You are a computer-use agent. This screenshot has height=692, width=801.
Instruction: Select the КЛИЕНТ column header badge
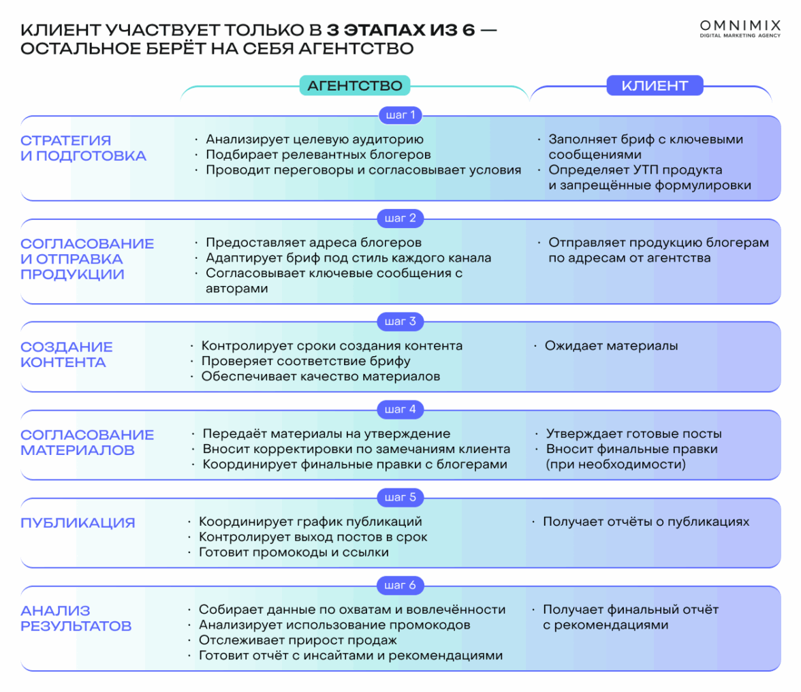pos(655,85)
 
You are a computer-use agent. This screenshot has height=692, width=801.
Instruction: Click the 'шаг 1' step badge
pos(401,114)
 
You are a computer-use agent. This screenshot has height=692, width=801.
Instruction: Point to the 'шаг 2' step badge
pos(401,218)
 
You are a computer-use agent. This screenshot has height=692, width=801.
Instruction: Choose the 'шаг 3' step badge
pos(401,321)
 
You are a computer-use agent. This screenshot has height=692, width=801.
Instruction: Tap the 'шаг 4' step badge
pos(401,409)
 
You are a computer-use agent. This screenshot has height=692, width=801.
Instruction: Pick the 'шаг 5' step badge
pos(401,497)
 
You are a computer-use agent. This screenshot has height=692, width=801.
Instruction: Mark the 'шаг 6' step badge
pos(401,585)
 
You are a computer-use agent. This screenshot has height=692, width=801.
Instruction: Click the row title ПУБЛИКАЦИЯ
pos(78,523)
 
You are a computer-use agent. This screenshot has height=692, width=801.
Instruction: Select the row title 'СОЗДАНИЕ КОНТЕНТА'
pos(67,354)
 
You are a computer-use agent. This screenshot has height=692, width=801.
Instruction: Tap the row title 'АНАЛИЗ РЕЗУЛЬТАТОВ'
pos(76,618)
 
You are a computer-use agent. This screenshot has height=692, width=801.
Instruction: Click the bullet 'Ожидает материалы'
pos(611,346)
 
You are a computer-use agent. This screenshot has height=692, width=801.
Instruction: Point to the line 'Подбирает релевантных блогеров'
pos(318,155)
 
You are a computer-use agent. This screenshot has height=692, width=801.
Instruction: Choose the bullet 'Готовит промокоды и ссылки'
pos(294,552)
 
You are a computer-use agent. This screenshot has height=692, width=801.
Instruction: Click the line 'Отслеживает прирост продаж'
pos(298,640)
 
